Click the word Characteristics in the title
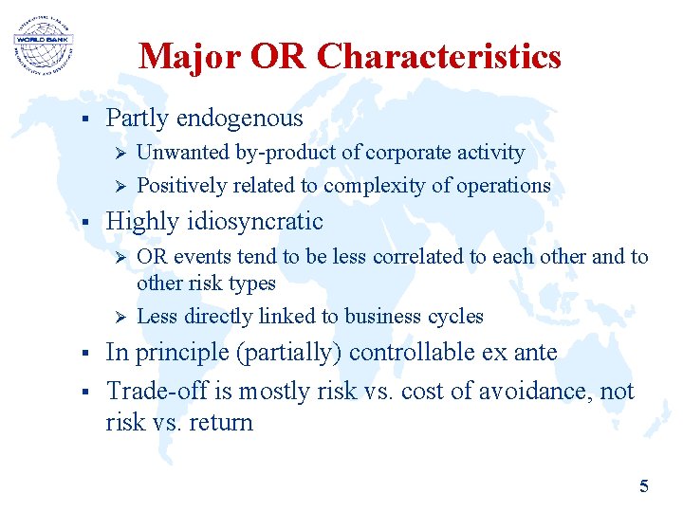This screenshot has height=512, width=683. tap(439, 57)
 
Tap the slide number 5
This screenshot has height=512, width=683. tap(644, 486)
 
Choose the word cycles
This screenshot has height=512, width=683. tap(456, 317)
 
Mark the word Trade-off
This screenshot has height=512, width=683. tap(145, 391)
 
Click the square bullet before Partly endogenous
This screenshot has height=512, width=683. tap(84, 119)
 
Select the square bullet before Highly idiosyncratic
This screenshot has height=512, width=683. tap(84, 223)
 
